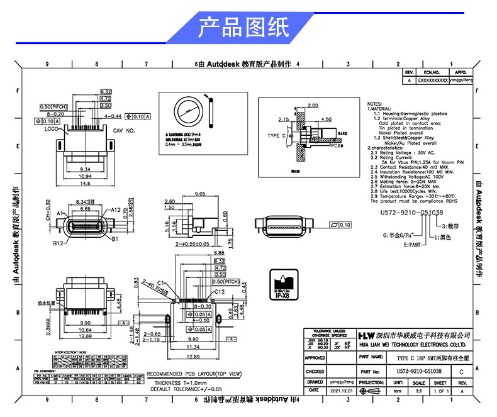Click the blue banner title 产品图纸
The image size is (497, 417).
click(x=245, y=28)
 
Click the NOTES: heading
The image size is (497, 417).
click(x=374, y=103)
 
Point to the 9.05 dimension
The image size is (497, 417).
click(x=201, y=194)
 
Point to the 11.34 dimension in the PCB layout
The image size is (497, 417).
click(x=193, y=347)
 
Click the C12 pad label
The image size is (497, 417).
click(x=220, y=292)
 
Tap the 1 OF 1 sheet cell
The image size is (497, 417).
click(x=440, y=391)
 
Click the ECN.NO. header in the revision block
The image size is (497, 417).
click(x=432, y=73)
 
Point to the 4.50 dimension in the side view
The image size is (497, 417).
click(x=327, y=118)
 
